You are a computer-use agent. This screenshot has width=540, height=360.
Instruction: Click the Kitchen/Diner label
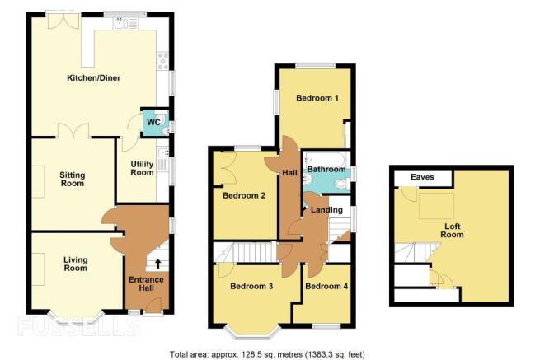[94, 78]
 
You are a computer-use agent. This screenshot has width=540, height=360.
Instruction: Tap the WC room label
[153, 122]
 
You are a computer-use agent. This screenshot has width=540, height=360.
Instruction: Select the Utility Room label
[142, 168]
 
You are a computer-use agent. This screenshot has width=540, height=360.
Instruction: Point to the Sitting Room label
[73, 180]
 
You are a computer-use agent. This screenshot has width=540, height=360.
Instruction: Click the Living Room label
[75, 264]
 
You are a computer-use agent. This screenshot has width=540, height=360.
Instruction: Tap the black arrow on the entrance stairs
[157, 264]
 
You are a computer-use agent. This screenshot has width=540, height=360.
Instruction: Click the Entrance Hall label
[146, 283]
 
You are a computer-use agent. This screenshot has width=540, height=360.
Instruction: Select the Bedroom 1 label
[317, 98]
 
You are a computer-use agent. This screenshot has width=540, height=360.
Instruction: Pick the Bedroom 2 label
[244, 196]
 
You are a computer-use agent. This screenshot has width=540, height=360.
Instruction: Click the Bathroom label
[326, 170]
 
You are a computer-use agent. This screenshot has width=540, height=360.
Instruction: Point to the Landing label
[326, 210]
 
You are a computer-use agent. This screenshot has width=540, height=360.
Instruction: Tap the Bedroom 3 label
[251, 286]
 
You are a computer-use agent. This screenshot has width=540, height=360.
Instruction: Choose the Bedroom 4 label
[326, 286]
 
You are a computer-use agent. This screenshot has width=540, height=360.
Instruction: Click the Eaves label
[422, 177]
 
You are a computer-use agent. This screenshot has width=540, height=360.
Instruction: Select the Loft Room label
[452, 231]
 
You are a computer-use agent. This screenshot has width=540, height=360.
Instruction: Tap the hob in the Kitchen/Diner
[163, 61]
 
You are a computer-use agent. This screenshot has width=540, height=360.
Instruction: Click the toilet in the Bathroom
[342, 184]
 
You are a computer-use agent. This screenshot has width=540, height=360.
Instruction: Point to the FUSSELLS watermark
[79, 326]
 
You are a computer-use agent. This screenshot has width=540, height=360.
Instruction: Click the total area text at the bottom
[267, 354]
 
